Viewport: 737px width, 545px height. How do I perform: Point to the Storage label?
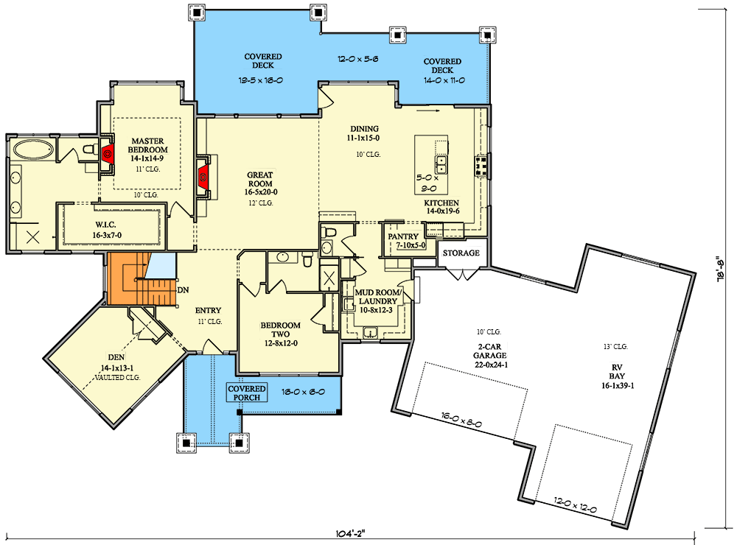click(x=461, y=253)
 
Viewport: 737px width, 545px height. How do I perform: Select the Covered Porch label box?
click(x=246, y=393)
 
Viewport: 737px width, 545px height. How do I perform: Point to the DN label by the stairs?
click(x=182, y=289)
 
